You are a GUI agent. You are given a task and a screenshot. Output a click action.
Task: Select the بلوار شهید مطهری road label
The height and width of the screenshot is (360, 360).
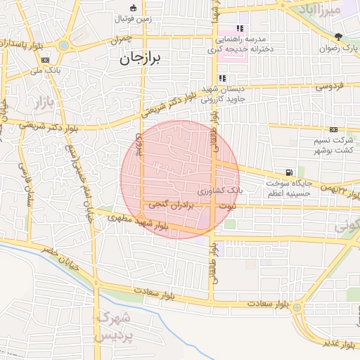139,223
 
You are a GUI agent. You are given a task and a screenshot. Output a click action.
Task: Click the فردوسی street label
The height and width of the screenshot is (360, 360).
328,87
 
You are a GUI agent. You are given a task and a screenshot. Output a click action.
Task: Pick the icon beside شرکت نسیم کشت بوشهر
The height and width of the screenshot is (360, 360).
333,129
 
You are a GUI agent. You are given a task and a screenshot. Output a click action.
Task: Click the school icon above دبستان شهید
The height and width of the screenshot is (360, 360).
222,78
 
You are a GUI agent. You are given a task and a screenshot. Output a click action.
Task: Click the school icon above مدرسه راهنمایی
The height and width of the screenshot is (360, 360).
240,29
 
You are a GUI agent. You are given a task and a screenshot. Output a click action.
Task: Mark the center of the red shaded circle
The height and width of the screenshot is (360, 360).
179,179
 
